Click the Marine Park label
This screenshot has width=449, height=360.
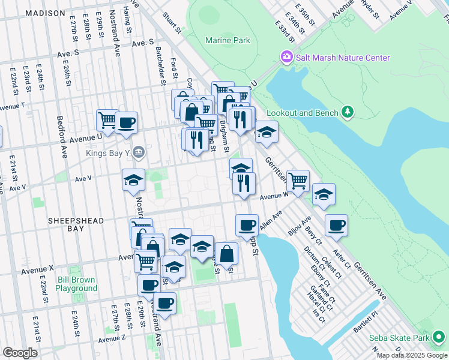click(x=227, y=41)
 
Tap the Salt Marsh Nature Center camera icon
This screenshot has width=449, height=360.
click(x=286, y=58)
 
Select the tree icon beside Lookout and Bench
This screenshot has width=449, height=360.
click(x=346, y=112)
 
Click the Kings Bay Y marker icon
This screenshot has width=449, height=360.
click(x=138, y=152)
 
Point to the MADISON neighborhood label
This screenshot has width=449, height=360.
click(x=46, y=13)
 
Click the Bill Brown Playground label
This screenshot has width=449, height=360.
click(x=77, y=284)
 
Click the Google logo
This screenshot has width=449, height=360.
click(x=20, y=352)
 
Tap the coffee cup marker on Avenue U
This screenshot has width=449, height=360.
click(x=126, y=123)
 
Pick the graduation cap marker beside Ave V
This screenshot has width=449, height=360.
click(x=133, y=179)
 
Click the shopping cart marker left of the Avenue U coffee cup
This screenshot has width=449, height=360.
click(x=107, y=119)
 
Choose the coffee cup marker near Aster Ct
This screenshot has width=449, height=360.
click(x=336, y=226)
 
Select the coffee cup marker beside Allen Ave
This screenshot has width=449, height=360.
click(x=247, y=226)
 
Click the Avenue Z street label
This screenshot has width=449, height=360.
click(x=112, y=339)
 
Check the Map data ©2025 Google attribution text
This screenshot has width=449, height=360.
click(x=412, y=355)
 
